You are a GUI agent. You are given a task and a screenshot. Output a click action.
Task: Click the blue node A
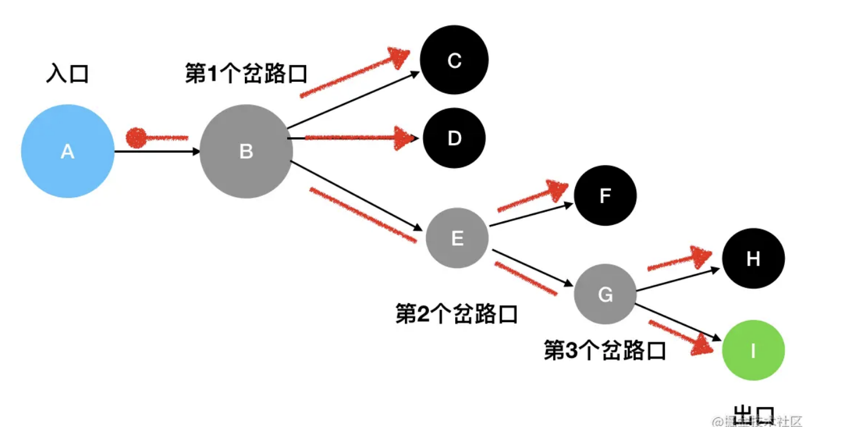[68, 151]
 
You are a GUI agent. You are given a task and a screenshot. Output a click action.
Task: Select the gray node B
[246, 151]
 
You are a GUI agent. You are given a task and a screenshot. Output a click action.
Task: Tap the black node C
[455, 61]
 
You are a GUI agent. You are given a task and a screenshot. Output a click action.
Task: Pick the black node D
[455, 138]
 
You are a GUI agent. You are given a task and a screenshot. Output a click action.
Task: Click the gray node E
[457, 238]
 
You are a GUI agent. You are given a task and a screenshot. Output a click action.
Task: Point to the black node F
[605, 195]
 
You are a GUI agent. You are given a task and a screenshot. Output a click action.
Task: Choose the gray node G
[605, 295]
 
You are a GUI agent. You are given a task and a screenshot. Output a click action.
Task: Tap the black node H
[753, 259]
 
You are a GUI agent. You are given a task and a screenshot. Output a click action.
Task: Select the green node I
[753, 350]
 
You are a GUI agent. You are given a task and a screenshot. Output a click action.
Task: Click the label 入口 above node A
[67, 74]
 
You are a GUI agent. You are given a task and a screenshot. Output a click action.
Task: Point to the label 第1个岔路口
[246, 74]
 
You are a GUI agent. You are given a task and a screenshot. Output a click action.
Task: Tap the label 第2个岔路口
[456, 314]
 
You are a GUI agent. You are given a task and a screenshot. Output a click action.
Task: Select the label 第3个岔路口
[605, 351]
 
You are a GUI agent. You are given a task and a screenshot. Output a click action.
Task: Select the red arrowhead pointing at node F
[556, 189]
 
